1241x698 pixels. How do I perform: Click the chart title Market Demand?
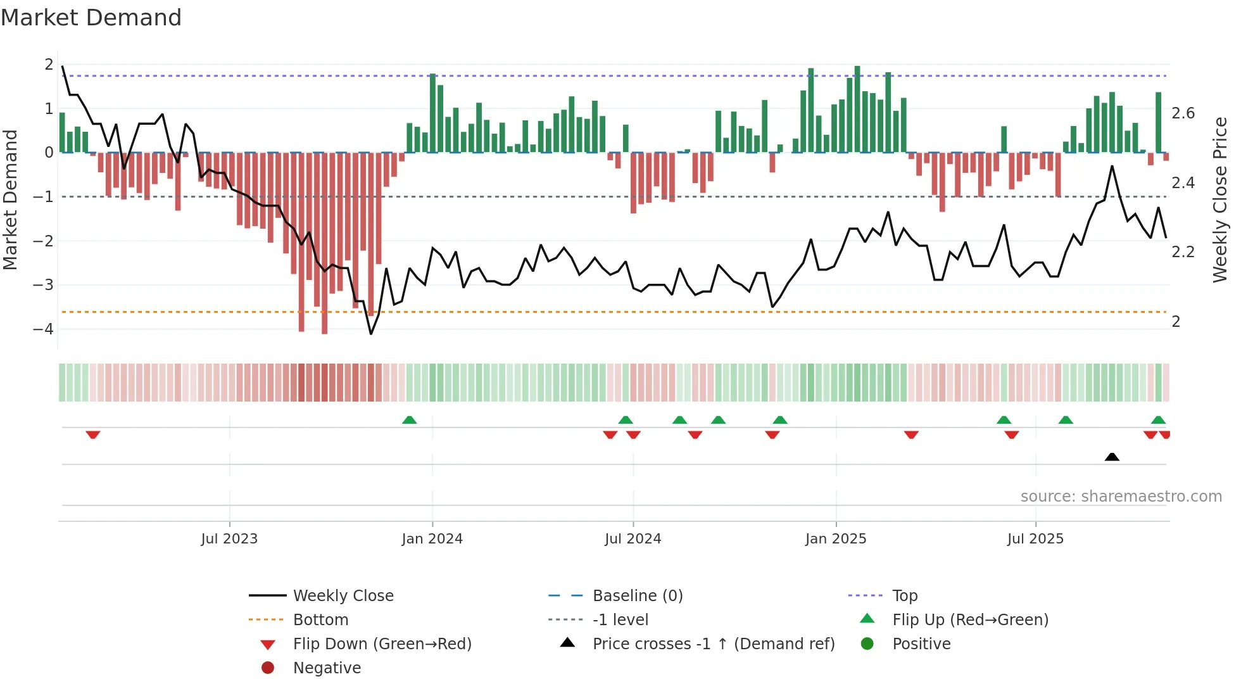(x=91, y=18)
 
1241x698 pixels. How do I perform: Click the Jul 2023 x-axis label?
(x=229, y=539)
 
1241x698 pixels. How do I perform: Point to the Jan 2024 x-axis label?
(x=432, y=539)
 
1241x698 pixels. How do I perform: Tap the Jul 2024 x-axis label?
(x=633, y=539)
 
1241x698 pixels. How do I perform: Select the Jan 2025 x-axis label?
(x=836, y=539)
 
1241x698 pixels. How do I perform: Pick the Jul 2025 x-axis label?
(x=1035, y=539)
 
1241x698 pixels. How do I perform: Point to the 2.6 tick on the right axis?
(x=1183, y=113)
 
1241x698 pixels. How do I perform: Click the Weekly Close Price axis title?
(x=1219, y=200)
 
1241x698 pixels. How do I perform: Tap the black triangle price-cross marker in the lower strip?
(x=1112, y=457)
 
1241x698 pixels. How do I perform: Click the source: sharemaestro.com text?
(x=1121, y=497)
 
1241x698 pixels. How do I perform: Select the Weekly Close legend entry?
(x=343, y=596)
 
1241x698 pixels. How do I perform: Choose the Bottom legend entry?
(x=320, y=620)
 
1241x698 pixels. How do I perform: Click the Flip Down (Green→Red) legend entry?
(x=382, y=644)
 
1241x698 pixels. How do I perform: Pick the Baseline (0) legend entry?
(x=637, y=596)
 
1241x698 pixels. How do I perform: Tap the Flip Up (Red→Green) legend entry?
(x=970, y=620)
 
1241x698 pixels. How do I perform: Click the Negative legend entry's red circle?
(x=268, y=668)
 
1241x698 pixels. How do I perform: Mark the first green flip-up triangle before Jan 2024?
(x=410, y=420)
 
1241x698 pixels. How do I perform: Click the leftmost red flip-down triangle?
(x=93, y=435)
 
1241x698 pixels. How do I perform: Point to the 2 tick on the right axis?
(x=1176, y=322)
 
